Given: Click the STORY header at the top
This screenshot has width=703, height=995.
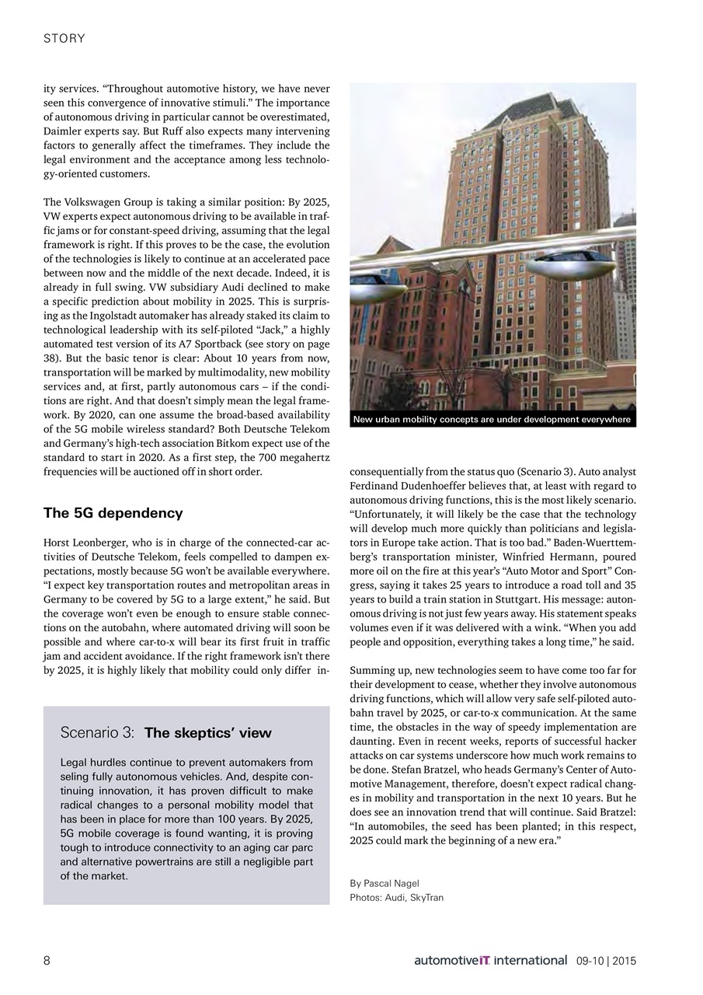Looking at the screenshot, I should coord(64,38).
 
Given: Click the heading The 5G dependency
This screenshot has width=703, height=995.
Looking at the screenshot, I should coord(113,513).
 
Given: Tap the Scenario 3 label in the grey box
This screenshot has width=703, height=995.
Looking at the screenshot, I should coord(98,733).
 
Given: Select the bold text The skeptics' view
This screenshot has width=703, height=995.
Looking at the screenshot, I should coord(207,733).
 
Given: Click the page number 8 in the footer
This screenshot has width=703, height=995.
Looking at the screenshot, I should coord(47,961).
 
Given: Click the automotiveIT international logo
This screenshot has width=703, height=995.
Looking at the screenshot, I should coord(490,961).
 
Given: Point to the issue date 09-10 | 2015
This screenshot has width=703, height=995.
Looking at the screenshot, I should coord(606,961).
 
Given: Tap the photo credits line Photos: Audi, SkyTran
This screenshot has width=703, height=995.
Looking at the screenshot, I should coord(396,898).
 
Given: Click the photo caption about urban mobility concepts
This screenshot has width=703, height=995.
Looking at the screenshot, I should coord(492,420).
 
